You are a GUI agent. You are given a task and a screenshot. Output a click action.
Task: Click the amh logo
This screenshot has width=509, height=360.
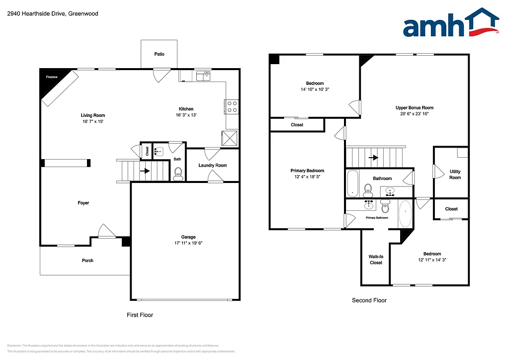coord(450,24)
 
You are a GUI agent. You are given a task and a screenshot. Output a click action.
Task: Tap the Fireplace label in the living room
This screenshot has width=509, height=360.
coord(52,77)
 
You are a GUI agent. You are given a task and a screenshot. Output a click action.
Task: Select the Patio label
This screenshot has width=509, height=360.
coord(159,54)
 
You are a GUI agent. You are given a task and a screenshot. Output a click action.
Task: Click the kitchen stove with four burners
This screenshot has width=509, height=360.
coord(232,106)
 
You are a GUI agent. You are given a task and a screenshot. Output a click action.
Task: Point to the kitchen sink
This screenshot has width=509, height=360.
coord(203,76)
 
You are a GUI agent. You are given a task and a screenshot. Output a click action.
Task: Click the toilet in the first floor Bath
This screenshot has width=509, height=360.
coord(178,173)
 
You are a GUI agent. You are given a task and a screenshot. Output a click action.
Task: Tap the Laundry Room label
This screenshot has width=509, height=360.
coord(212,166)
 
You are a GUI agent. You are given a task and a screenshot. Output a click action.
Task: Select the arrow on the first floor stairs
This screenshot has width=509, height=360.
coord(145,171)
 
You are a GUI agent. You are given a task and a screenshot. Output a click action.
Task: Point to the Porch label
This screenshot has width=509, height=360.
coord(87,261)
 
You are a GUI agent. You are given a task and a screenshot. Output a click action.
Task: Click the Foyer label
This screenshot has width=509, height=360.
coord(84,203)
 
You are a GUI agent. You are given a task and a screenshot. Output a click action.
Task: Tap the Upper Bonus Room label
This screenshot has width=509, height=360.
coord(414,108)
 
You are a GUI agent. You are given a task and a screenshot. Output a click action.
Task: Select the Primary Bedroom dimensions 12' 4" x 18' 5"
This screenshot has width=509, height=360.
coord(307,177)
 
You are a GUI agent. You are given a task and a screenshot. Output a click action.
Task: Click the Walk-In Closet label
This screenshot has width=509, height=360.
coord(376,260)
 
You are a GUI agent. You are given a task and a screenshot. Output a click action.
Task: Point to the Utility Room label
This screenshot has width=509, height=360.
coord(455,175)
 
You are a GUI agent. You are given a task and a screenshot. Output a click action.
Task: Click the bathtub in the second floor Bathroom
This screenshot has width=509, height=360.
coord(352,183)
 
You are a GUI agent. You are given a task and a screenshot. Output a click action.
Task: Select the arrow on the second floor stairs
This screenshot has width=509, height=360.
coord(371,158)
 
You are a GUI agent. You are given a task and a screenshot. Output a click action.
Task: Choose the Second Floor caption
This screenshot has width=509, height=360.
coord(369,300)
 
